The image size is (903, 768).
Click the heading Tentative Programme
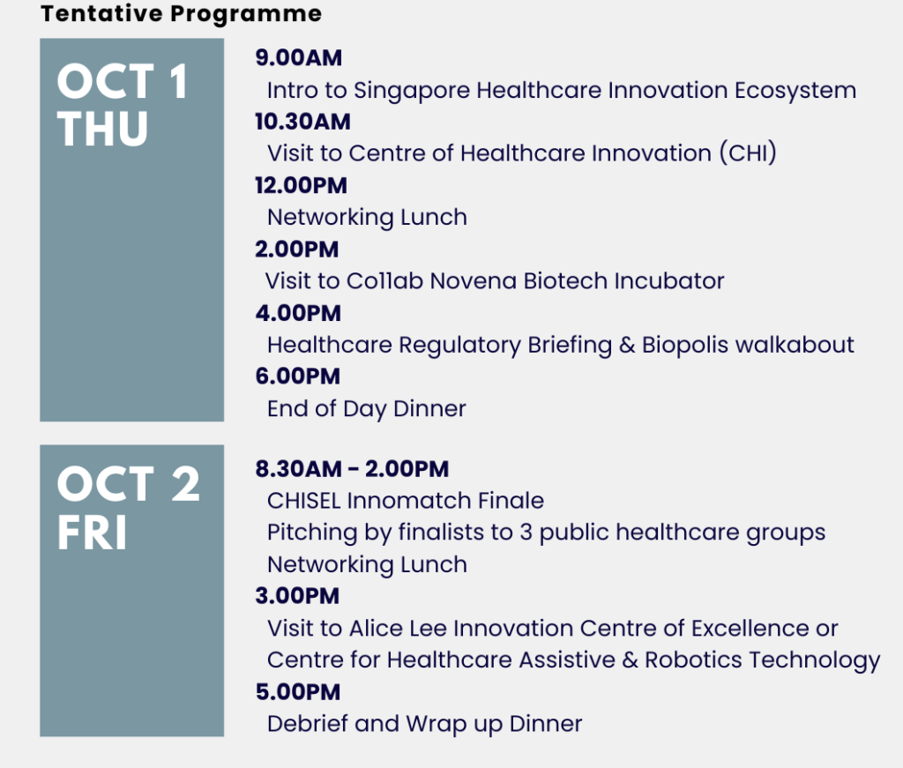pos(181,14)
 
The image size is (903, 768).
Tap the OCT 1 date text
pos(123,82)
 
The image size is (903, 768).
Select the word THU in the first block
pos(102,129)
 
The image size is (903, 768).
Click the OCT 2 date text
pos(128,484)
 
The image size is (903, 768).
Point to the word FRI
pos(92,533)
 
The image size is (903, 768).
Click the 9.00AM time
pos(299,57)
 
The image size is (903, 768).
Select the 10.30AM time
pos(303,122)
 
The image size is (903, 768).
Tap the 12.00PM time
pos(302,185)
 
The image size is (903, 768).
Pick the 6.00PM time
pos(298,377)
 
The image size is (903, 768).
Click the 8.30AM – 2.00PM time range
pos(352,468)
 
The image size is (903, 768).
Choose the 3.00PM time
pos(297,596)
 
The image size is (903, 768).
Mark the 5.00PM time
pos(298,692)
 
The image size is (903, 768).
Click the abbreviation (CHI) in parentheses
pos(748,153)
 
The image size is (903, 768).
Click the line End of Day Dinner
pos(366,409)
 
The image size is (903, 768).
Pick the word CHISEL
pos(304,501)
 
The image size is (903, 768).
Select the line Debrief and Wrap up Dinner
pos(424,724)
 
